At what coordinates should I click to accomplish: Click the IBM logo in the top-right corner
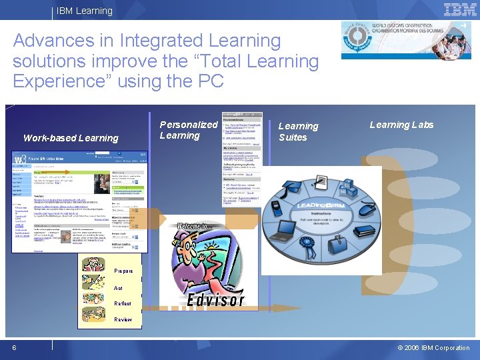point(460,9)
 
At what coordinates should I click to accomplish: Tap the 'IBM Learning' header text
point(85,11)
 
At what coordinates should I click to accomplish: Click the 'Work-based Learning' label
point(71,138)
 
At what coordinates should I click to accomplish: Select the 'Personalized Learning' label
point(188,130)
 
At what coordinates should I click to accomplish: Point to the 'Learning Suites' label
point(298,131)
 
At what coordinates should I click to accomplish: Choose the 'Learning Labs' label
point(401,125)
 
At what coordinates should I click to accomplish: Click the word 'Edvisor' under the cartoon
point(215,299)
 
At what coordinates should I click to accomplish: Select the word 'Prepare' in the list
point(123,271)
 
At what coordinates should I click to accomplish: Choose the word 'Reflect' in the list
point(123,303)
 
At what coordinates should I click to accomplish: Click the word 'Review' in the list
point(123,319)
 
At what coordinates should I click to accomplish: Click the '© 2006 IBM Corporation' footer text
point(433,347)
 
